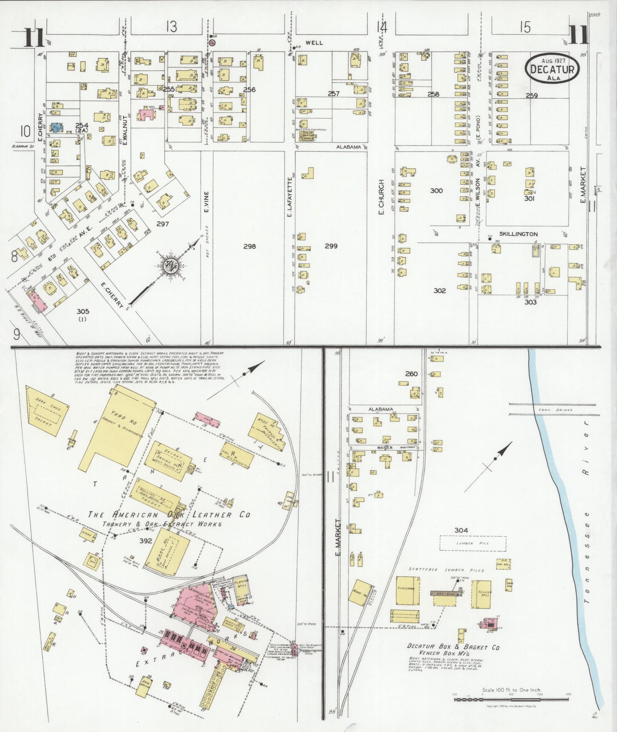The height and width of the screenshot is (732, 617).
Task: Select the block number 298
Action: coord(249,246)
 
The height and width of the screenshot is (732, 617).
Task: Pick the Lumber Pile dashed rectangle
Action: coord(472,543)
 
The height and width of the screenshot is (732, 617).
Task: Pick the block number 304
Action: coord(461,530)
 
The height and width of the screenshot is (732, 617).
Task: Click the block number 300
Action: coord(436,191)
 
